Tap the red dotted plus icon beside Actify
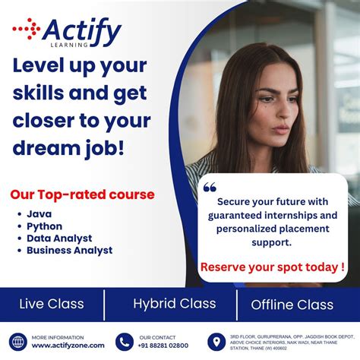click(26, 30)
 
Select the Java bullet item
click(39, 214)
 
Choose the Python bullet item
click(44, 226)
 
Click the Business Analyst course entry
click(69, 250)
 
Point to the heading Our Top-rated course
click(82, 194)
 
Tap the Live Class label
click(52, 305)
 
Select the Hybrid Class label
click(174, 304)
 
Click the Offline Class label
click(292, 305)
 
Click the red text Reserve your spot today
click(272, 267)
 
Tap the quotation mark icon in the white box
click(210, 187)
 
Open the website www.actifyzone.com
click(68, 346)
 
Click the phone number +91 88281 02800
click(164, 346)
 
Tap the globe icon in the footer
click(17, 342)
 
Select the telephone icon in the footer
click(125, 342)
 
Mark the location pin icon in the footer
click(216, 342)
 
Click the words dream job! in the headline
click(68, 147)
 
